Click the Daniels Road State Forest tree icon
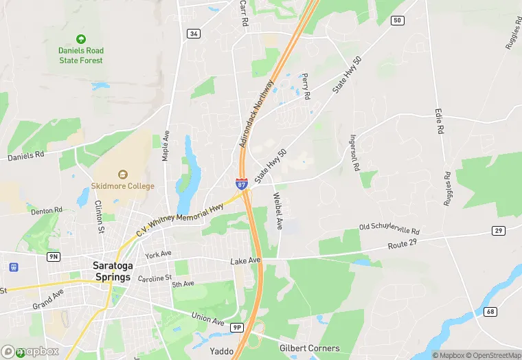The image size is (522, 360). (81, 39)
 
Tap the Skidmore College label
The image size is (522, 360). (123, 185)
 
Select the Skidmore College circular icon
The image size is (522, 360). (123, 175)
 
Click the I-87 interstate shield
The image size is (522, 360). (242, 183)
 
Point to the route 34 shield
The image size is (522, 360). (194, 33)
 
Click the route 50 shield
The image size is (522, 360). (397, 21)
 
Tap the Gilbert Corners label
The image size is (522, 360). (310, 348)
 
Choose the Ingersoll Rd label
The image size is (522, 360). (354, 152)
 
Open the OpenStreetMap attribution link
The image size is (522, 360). (492, 355)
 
